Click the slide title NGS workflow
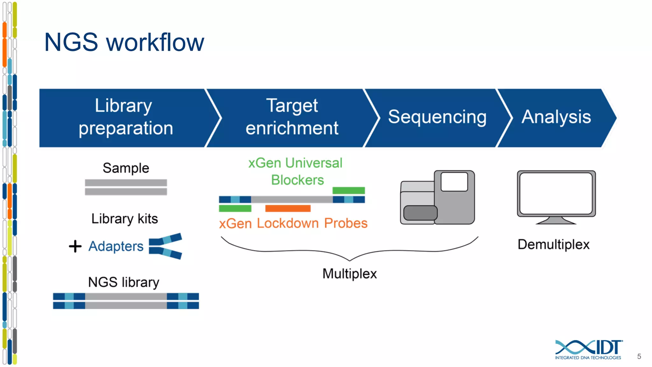(x=124, y=42)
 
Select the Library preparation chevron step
(x=126, y=117)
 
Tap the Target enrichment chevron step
(x=292, y=117)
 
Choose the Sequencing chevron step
(x=437, y=117)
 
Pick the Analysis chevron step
(x=556, y=117)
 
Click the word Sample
(x=126, y=168)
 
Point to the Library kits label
(x=124, y=219)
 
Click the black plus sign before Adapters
(x=75, y=246)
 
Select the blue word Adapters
(x=116, y=246)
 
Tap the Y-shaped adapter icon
(x=165, y=246)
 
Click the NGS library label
(x=124, y=282)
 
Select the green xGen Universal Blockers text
(x=296, y=171)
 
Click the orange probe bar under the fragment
(x=288, y=208)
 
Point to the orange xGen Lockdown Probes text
(x=293, y=223)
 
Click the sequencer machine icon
(x=437, y=198)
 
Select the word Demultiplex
(x=554, y=245)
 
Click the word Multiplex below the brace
(x=350, y=274)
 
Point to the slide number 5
(x=639, y=356)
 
